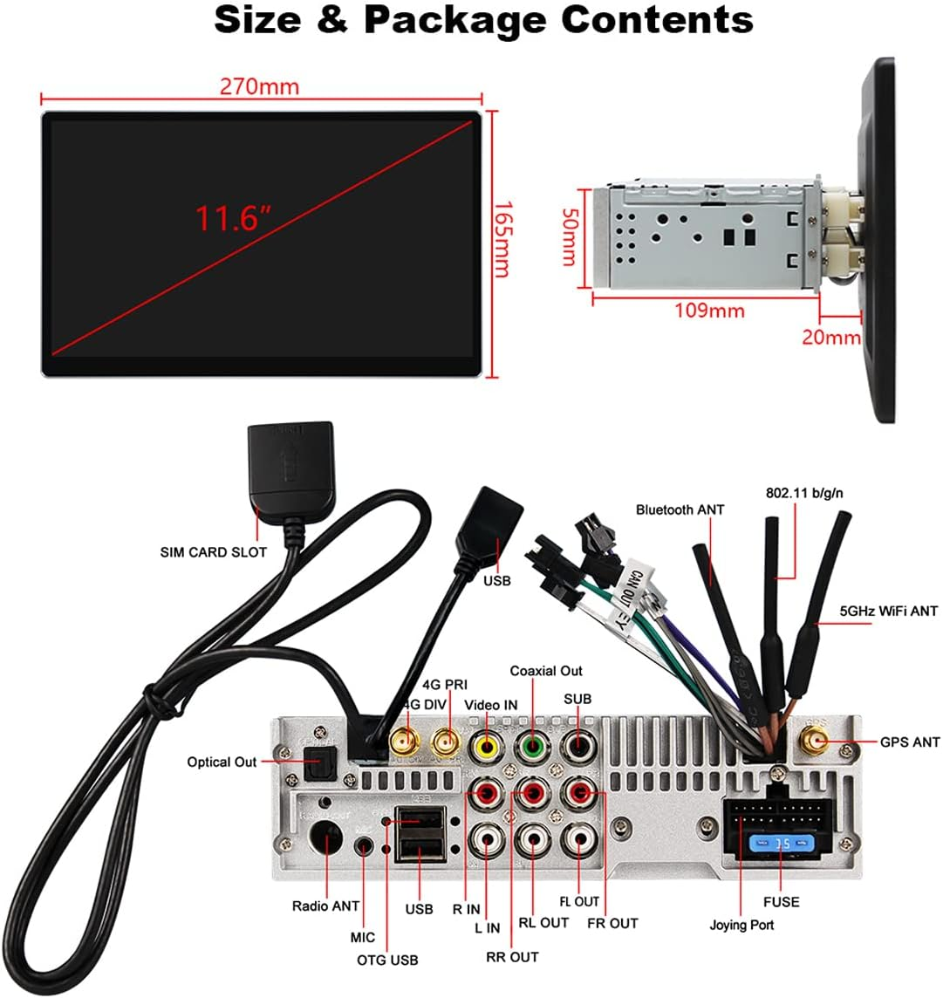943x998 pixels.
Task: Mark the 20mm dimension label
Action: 830,337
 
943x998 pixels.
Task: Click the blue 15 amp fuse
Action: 772,844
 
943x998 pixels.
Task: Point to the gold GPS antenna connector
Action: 817,743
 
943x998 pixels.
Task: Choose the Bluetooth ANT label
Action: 680,509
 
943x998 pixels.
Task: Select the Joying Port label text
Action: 741,925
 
